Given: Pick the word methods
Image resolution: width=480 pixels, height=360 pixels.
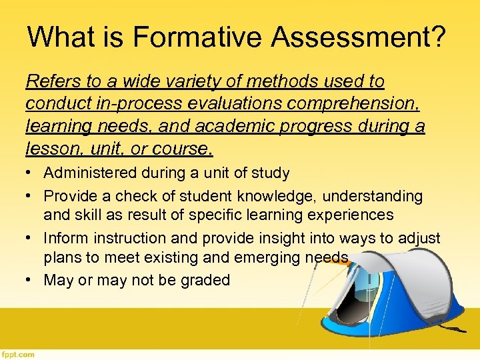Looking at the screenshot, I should coord(273,81).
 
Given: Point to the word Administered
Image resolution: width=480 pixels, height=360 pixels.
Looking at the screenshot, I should coord(91,173).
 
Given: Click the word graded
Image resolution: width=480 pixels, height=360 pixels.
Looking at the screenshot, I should coord(205,280).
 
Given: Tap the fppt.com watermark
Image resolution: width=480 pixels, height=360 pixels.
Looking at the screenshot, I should coord(18,355).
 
